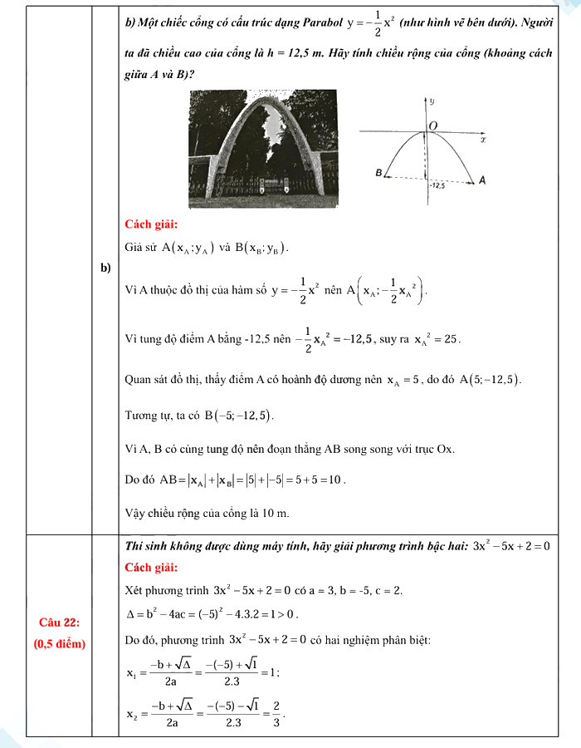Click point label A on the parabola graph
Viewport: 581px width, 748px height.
point(482,180)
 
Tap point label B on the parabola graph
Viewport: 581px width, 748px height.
point(378,174)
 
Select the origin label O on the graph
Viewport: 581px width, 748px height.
point(434,125)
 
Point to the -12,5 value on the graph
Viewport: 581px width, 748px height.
point(437,186)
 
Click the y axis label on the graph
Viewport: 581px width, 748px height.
point(432,101)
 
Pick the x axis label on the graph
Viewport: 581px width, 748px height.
point(483,140)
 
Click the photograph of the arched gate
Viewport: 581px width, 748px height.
point(261,149)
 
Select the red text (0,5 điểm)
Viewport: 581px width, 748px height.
point(58,643)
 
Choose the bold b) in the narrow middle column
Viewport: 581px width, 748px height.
point(105,268)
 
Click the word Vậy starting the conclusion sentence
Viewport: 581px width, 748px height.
point(134,512)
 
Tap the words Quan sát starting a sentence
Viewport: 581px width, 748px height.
point(144,380)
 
